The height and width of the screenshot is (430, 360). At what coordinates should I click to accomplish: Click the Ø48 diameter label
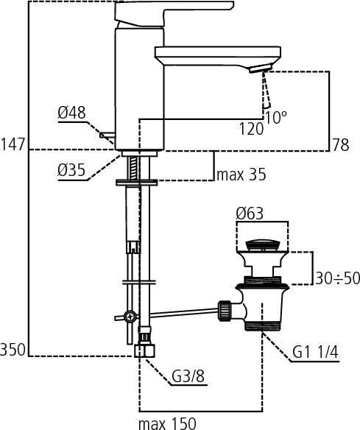[x=71, y=113]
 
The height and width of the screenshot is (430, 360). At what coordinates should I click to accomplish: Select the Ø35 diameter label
[x=71, y=171]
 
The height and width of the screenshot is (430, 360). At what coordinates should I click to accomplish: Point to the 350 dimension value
[x=13, y=348]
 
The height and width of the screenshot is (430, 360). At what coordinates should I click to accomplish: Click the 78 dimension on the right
[x=340, y=145]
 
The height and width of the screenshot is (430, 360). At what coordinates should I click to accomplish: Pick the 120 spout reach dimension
[x=250, y=130]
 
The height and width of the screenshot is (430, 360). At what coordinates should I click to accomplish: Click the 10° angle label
[x=275, y=117]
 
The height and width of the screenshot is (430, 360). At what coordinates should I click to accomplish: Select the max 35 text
[x=241, y=175]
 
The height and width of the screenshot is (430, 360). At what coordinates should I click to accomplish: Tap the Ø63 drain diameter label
[x=250, y=214]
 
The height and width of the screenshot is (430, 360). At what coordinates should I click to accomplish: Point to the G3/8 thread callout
[x=188, y=378]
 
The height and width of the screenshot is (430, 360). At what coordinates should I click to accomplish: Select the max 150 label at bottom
[x=166, y=423]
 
